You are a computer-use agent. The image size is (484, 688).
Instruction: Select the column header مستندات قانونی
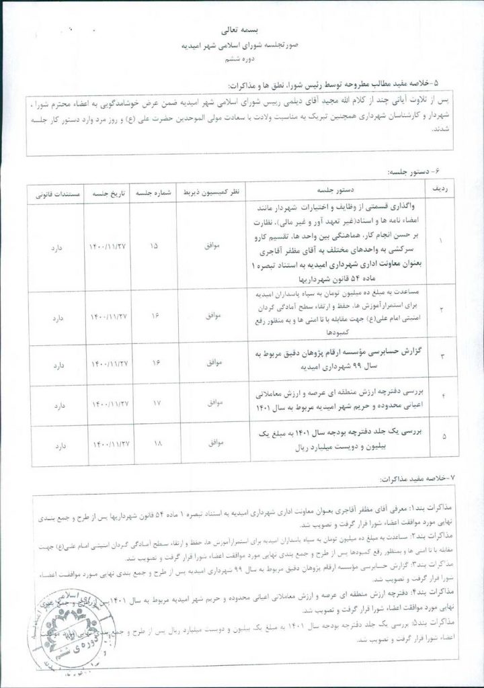pos(52,191)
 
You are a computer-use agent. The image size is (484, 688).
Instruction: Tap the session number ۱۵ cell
pos(155,246)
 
